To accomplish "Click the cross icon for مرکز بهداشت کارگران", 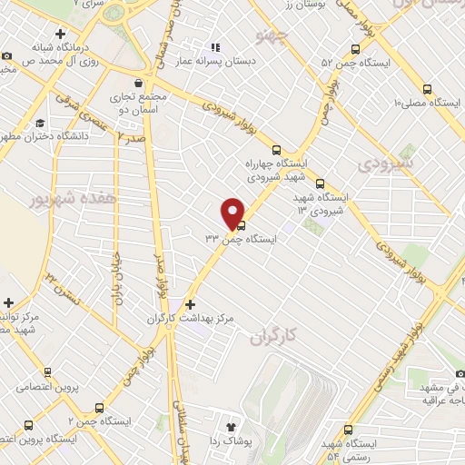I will coord(190,304).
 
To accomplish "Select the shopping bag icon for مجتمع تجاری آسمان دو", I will coord(137,83).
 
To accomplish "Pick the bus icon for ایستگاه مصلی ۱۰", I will coord(428,89).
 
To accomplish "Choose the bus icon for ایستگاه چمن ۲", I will coord(99,408).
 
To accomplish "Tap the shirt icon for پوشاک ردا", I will coord(230,423).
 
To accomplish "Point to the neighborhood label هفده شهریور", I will coord(63,198).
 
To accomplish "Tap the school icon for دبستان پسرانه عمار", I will coord(215,47).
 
